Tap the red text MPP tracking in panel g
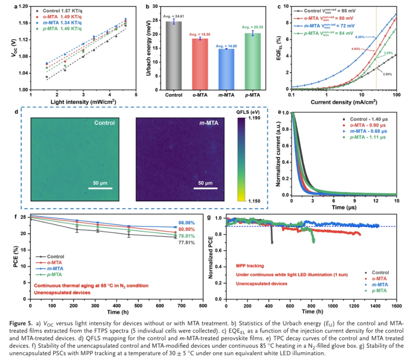coord(247,265)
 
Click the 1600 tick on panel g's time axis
coord(396,306)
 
